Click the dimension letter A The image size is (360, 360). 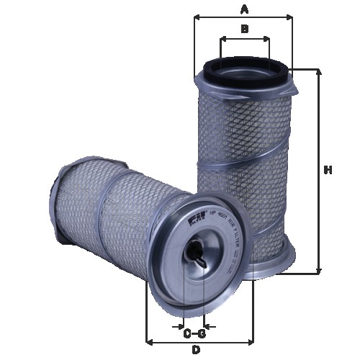245,9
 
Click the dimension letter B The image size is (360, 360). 245,29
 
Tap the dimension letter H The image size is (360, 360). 328,171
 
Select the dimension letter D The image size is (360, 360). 195,350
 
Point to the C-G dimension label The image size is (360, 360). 194,333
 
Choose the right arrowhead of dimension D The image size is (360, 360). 251,341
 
